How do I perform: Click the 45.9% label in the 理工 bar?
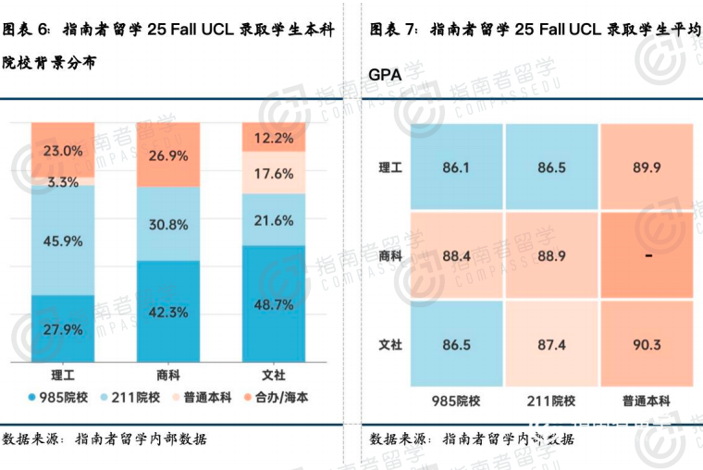pyautogui.click(x=63, y=241)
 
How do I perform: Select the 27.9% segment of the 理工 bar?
pyautogui.click(x=63, y=329)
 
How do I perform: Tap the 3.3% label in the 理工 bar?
pyautogui.click(x=63, y=182)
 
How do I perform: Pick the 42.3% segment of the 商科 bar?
pyautogui.click(x=168, y=312)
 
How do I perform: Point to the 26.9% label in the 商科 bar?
pyautogui.click(x=168, y=155)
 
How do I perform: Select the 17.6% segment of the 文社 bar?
pyautogui.click(x=273, y=173)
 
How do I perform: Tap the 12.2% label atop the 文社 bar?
pyautogui.click(x=273, y=139)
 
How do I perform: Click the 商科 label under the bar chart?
pyautogui.click(x=168, y=376)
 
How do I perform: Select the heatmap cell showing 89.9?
pyautogui.click(x=646, y=167)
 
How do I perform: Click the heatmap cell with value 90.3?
pyautogui.click(x=646, y=344)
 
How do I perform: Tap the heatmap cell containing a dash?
pyautogui.click(x=646, y=255)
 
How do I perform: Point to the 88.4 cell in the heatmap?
pyautogui.click(x=456, y=255)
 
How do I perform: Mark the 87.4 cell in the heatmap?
pyautogui.click(x=551, y=344)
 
